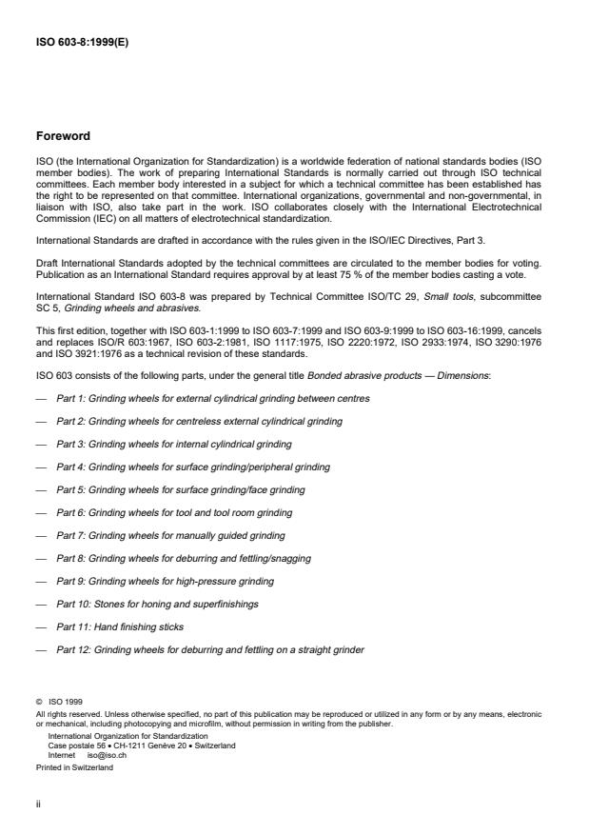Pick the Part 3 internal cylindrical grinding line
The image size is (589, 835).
(x=173, y=444)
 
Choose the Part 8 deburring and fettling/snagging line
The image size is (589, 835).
(x=183, y=558)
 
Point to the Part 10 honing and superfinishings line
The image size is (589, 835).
(x=157, y=604)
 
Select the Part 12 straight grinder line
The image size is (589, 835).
(x=209, y=650)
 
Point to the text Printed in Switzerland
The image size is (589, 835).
(x=73, y=766)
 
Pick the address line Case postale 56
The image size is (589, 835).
(x=141, y=746)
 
